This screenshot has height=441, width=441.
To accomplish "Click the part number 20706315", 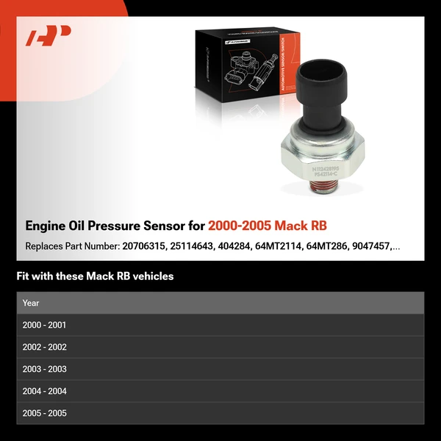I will [140, 246].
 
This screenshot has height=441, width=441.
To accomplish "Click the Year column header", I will [31, 303].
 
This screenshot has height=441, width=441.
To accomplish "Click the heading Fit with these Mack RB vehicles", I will [95, 277].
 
